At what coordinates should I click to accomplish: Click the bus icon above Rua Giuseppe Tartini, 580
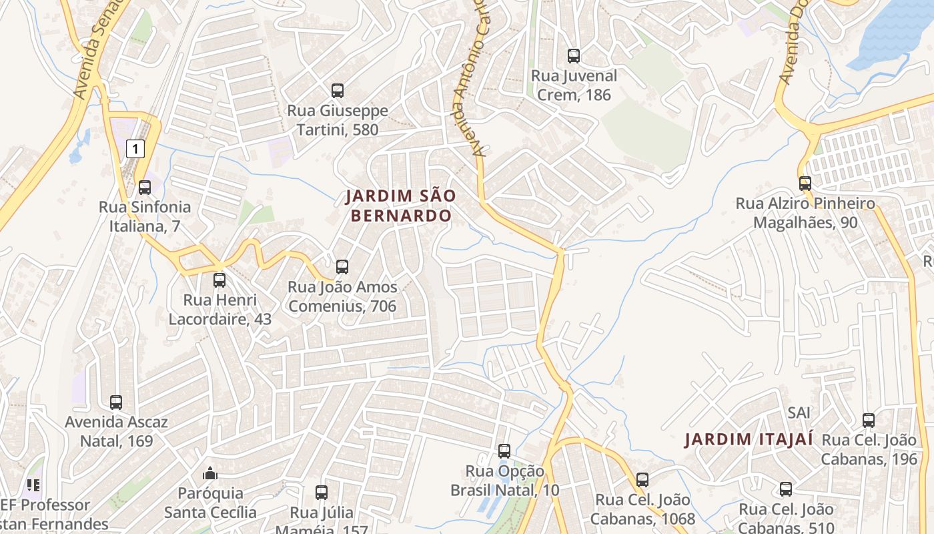(338, 90)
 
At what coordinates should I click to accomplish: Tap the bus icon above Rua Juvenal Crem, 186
(574, 56)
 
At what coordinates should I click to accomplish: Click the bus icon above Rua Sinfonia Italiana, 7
(145, 188)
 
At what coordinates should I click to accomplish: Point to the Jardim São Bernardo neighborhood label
(400, 206)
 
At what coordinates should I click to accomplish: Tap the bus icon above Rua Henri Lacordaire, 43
(219, 280)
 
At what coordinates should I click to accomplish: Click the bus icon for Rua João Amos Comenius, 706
(342, 267)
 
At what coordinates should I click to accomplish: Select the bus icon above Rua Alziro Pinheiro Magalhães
(805, 184)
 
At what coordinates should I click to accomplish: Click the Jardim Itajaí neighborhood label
(749, 439)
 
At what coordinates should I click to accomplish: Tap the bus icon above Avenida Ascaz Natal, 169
(116, 403)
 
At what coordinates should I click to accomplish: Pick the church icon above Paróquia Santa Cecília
(210, 473)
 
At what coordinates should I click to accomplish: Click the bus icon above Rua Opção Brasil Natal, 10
(504, 451)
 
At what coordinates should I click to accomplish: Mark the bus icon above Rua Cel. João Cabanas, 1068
(642, 480)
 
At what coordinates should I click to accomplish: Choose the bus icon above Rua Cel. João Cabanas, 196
(869, 421)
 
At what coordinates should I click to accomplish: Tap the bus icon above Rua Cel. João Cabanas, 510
(786, 489)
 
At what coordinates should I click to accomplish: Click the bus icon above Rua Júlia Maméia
(322, 493)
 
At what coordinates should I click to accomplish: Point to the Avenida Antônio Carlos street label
(470, 80)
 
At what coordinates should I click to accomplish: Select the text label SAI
(799, 413)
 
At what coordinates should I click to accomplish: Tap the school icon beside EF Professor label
(33, 485)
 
